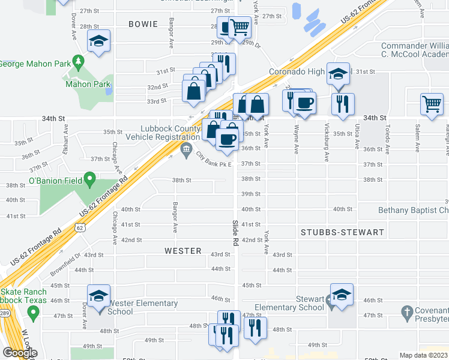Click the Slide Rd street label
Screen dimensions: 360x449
click(235, 232)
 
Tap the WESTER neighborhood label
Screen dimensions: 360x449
click(182, 251)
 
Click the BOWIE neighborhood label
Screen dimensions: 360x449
click(143, 24)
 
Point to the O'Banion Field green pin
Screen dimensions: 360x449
click(89, 178)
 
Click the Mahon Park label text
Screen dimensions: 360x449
click(88, 85)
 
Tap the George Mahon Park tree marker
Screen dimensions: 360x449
click(77, 61)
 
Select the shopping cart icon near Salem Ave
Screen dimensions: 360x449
click(432, 103)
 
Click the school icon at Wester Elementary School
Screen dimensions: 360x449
click(98, 296)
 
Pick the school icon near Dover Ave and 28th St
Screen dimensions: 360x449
click(98, 41)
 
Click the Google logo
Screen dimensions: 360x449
click(20, 353)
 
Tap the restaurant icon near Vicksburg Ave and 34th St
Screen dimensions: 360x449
click(343, 104)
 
